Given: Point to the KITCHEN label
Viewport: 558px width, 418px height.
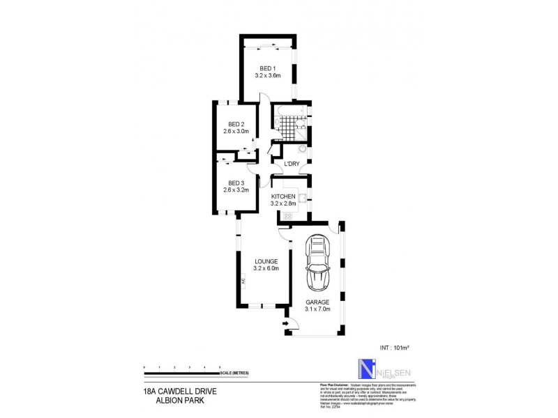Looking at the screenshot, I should pyautogui.click(x=284, y=197).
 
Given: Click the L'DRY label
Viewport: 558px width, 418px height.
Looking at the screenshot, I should pyautogui.click(x=291, y=164).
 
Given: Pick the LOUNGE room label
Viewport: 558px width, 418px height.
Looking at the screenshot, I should pyautogui.click(x=266, y=261).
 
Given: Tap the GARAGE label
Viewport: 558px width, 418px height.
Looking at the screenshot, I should pyautogui.click(x=317, y=302).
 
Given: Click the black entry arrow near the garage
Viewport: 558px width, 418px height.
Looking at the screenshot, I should pyautogui.click(x=286, y=323).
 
